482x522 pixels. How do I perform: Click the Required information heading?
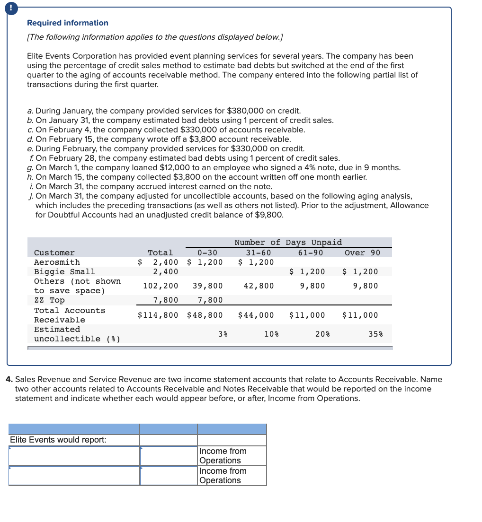[x=67, y=23]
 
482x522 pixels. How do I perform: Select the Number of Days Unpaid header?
[x=288, y=243]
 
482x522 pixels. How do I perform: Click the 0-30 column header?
[x=207, y=253]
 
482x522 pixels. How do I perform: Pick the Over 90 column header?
[x=362, y=253]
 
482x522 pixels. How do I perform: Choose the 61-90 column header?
[x=311, y=253]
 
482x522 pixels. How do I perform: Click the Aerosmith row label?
[x=57, y=262]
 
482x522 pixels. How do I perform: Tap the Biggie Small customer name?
[x=64, y=272]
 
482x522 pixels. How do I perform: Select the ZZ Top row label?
[x=49, y=301]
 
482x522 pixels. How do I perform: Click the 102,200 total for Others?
[x=161, y=286]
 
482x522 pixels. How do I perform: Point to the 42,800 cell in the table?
[x=259, y=286]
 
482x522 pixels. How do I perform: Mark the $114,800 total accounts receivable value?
[x=158, y=315]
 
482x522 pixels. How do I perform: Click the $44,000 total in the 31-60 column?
[x=256, y=315]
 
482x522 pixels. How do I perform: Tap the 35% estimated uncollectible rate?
[x=375, y=334]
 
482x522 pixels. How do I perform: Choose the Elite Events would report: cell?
[x=58, y=440]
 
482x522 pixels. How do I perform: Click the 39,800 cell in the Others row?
[x=207, y=286]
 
